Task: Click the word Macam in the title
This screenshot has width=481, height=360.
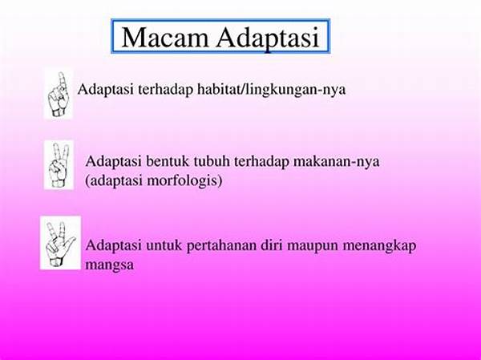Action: (165, 38)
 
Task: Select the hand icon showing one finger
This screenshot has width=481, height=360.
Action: (59, 94)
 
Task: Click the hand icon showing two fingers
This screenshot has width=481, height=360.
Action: (59, 165)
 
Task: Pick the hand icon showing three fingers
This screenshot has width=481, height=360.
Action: (60, 242)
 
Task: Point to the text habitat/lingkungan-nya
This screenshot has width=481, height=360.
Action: (271, 90)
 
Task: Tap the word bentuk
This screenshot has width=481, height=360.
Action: (168, 161)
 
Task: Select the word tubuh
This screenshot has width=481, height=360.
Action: (212, 161)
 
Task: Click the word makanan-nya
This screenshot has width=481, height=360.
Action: (336, 162)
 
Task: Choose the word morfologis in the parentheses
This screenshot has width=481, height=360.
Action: (184, 180)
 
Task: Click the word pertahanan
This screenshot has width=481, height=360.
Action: (221, 246)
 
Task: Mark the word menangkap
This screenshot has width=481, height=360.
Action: (379, 246)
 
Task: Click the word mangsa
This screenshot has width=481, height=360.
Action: (110, 265)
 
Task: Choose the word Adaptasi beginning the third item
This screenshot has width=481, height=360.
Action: (114, 246)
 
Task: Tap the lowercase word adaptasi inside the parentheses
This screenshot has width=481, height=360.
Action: (114, 180)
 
